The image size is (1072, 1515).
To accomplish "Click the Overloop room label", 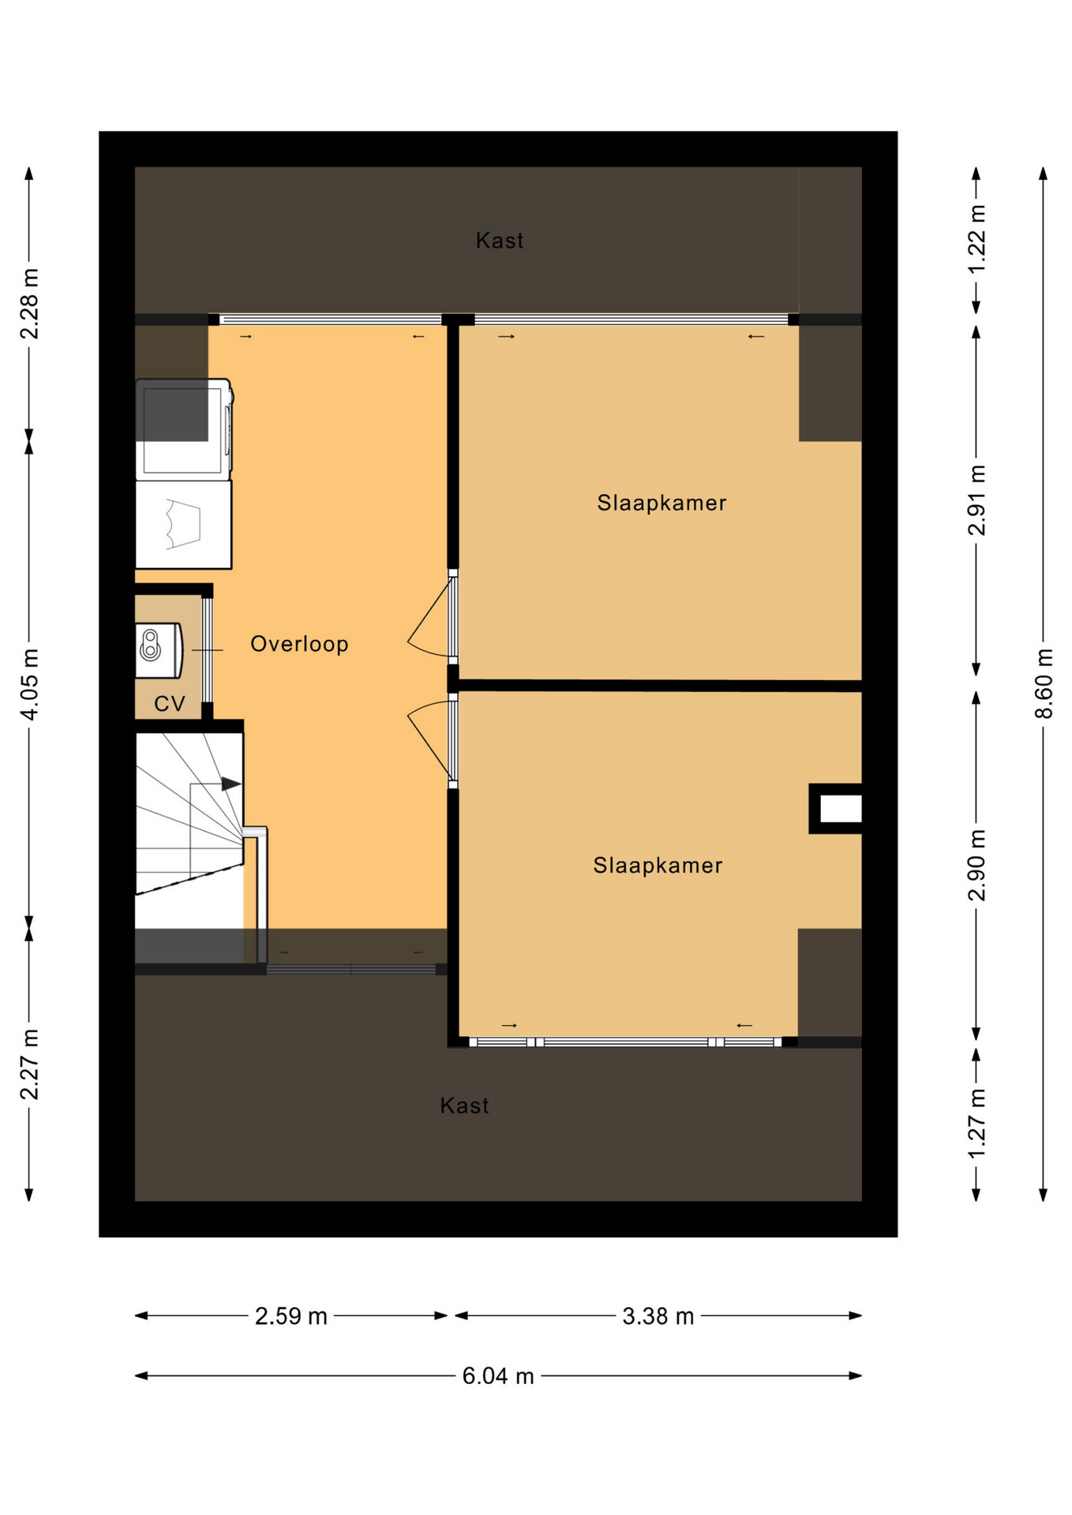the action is tap(299, 644).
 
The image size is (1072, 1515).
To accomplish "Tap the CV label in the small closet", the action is tap(170, 703).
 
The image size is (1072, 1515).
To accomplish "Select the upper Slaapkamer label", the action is tap(662, 503).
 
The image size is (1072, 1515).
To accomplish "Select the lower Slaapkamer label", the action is tap(658, 866).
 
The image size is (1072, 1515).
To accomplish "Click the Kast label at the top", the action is tap(500, 241).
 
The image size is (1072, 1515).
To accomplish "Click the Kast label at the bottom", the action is tap(464, 1105).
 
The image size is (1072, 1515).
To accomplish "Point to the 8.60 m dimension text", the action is tap(1044, 683).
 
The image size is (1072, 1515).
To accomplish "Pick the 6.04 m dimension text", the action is tap(498, 1376).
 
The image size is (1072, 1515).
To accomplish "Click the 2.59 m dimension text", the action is tap(290, 1316).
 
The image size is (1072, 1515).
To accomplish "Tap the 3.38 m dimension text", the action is tap(658, 1316).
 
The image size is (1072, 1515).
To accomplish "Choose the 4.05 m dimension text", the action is tap(29, 684).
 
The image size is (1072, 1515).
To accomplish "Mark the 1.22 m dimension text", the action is tap(976, 239).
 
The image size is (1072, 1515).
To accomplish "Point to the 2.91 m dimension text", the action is tap(976, 500).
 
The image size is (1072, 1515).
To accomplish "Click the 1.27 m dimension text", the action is tap(976, 1124).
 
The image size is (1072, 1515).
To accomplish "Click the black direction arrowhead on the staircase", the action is tap(231, 784).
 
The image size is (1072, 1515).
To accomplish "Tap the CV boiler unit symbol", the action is tap(159, 650).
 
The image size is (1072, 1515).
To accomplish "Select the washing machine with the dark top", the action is tap(184, 429).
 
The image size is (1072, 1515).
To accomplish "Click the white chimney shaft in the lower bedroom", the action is tap(840, 809).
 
